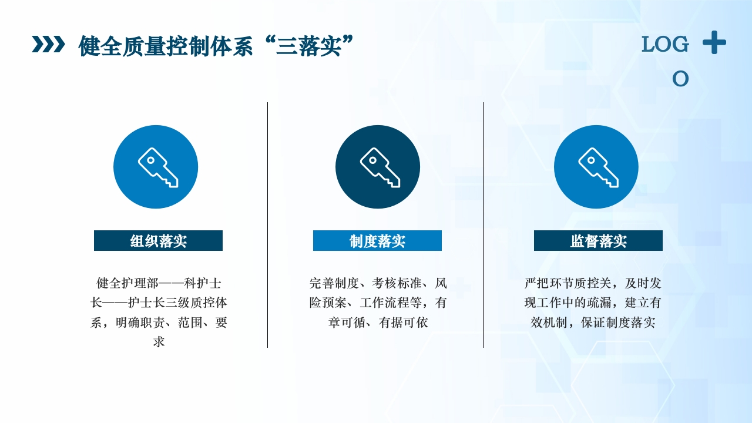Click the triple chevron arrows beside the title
pyautogui.click(x=48, y=44)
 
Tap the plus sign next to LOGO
pyautogui.click(x=714, y=43)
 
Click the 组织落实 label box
pyautogui.click(x=158, y=241)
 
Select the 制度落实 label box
pyautogui.click(x=377, y=241)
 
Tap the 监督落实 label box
pyautogui.click(x=598, y=241)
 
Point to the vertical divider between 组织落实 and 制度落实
pyautogui.click(x=268, y=225)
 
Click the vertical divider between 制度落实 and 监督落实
pyautogui.click(x=484, y=225)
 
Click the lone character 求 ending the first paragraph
pyautogui.click(x=159, y=342)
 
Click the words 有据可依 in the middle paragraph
pyautogui.click(x=404, y=323)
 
